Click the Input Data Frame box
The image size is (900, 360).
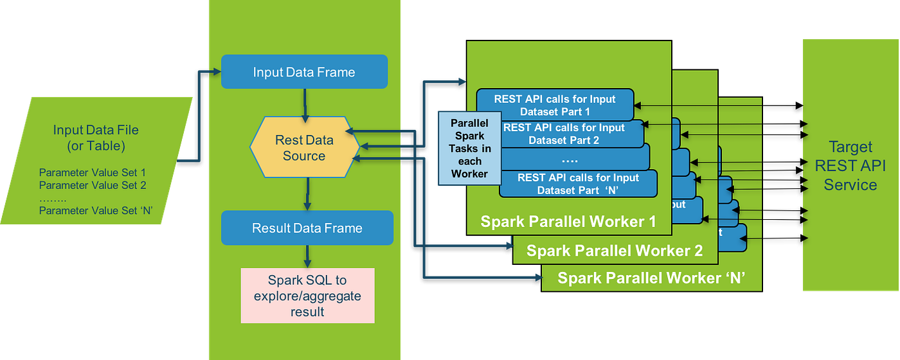(x=304, y=72)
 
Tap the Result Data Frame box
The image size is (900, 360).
(x=307, y=228)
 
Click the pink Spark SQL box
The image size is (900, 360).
(x=307, y=296)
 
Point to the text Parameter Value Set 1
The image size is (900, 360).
(x=93, y=172)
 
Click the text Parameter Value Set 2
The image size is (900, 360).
(x=93, y=185)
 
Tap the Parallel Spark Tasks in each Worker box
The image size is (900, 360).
(x=469, y=148)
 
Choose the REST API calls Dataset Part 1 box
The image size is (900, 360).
(x=554, y=104)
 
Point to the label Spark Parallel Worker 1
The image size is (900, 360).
(x=568, y=222)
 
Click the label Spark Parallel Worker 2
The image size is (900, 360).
(x=614, y=250)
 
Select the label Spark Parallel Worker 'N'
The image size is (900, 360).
(x=650, y=278)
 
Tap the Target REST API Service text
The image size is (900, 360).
(x=850, y=166)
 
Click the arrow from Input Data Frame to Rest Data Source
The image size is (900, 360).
(x=305, y=102)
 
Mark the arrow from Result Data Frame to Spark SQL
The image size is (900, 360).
(x=308, y=256)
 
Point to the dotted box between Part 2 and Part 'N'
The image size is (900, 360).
(x=570, y=159)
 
